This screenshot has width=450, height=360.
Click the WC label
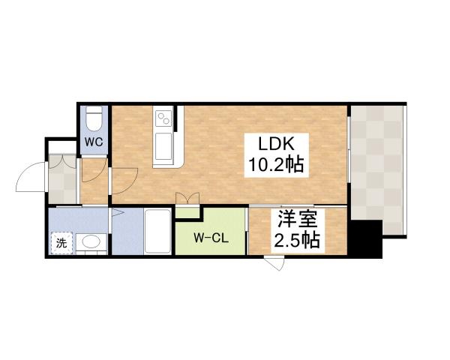click(x=93, y=141)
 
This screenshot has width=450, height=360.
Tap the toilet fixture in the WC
click(x=94, y=120)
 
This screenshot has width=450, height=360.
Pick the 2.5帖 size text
click(x=298, y=241)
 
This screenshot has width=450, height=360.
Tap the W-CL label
click(x=211, y=239)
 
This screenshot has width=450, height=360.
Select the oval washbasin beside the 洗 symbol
click(x=91, y=242)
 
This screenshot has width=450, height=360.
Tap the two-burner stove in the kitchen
click(x=164, y=118)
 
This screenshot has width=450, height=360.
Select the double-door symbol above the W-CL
click(x=187, y=199)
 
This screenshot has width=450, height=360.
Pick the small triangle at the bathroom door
click(x=115, y=214)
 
